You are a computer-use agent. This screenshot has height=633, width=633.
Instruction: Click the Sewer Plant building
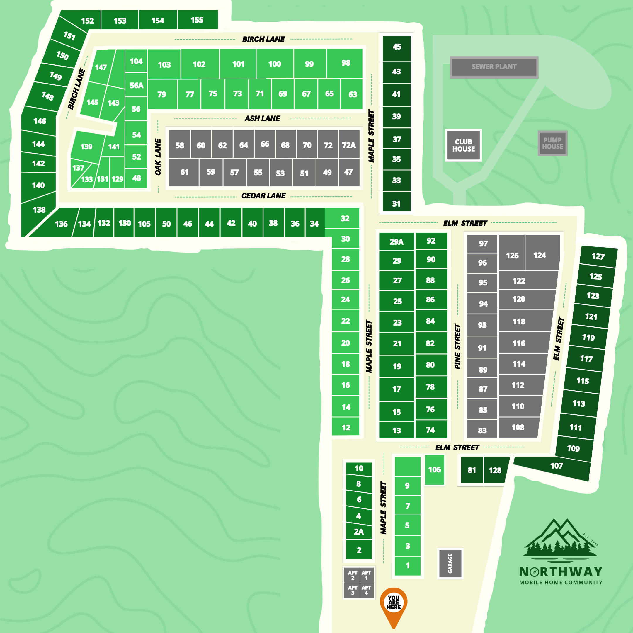[x=494, y=67]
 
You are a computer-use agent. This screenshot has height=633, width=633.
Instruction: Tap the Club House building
[x=463, y=145]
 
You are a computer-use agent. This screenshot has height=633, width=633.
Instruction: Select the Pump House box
[x=552, y=144]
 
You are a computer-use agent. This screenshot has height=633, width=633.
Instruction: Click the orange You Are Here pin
[x=394, y=605]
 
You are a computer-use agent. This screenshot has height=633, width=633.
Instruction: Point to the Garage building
[x=450, y=564]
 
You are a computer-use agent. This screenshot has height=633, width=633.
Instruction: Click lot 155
[x=197, y=20]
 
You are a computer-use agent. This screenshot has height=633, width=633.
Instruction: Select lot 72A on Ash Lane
[x=349, y=145]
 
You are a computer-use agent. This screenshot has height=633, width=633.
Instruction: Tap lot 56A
[x=136, y=86]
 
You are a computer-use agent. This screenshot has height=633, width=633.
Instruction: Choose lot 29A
[x=397, y=242]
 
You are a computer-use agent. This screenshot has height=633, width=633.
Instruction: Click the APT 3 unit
[x=352, y=590]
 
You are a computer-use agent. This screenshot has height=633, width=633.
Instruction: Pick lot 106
[x=434, y=469]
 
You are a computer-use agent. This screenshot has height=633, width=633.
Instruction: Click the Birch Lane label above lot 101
[x=263, y=39]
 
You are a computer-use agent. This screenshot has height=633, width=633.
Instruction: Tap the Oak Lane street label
[x=158, y=157]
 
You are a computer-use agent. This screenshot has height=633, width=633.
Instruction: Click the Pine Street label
[x=457, y=346]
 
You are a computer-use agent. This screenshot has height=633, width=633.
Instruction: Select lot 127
[x=598, y=256]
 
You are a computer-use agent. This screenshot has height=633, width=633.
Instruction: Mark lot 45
[x=397, y=47]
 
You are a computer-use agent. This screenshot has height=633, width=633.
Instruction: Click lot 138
[x=39, y=210]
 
